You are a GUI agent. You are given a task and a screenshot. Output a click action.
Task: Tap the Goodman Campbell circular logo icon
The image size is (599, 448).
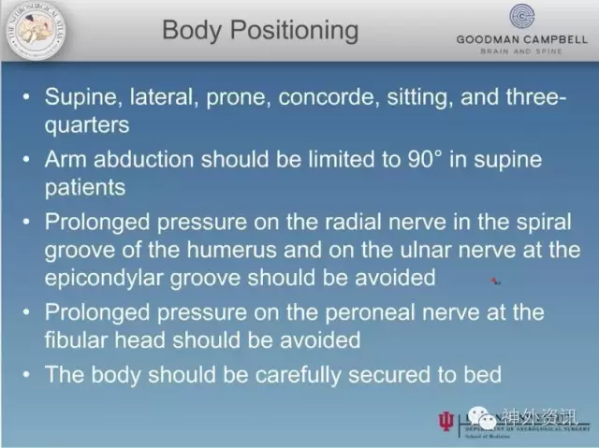(x=521, y=17)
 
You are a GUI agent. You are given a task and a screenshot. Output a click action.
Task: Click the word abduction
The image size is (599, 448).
(x=143, y=159)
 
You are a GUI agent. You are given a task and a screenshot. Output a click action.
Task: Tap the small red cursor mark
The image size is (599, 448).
(x=495, y=279)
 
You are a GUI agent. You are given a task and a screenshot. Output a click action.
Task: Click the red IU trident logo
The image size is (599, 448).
(x=445, y=422)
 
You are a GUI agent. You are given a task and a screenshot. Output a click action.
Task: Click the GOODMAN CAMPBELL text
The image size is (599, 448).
(x=521, y=39)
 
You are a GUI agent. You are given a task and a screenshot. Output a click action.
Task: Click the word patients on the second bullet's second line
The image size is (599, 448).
(x=85, y=187)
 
